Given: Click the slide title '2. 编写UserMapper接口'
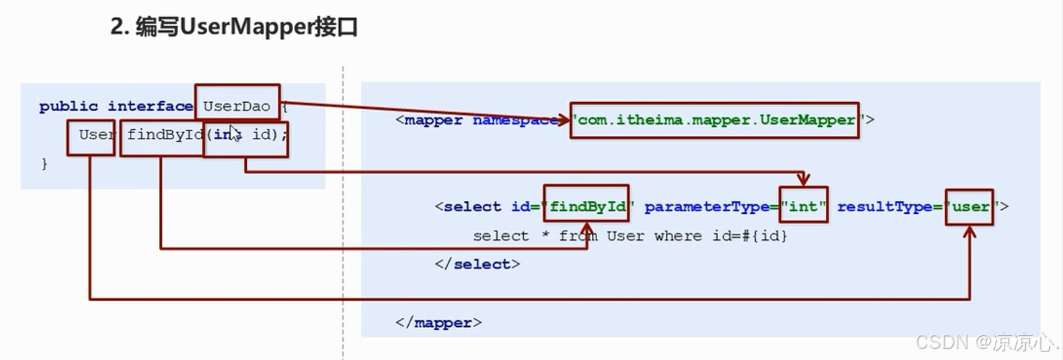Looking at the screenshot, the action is click(234, 27).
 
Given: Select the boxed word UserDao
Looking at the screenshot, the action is click(237, 106).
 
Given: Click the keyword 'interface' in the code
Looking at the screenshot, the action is click(150, 106).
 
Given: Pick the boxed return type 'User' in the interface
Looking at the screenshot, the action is click(92, 135).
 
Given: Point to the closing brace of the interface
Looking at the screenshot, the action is click(44, 163).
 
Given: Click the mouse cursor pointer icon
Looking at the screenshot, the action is click(235, 133).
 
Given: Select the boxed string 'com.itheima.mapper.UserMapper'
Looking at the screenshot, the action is click(715, 120).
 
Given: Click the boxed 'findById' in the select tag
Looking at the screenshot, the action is click(587, 207).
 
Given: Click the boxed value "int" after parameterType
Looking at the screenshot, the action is click(803, 207).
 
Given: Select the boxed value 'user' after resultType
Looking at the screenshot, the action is click(969, 207).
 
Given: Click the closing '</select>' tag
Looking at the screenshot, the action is click(478, 264).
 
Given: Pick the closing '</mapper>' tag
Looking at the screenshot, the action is click(439, 322).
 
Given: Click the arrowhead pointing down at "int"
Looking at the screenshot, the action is click(804, 179).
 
